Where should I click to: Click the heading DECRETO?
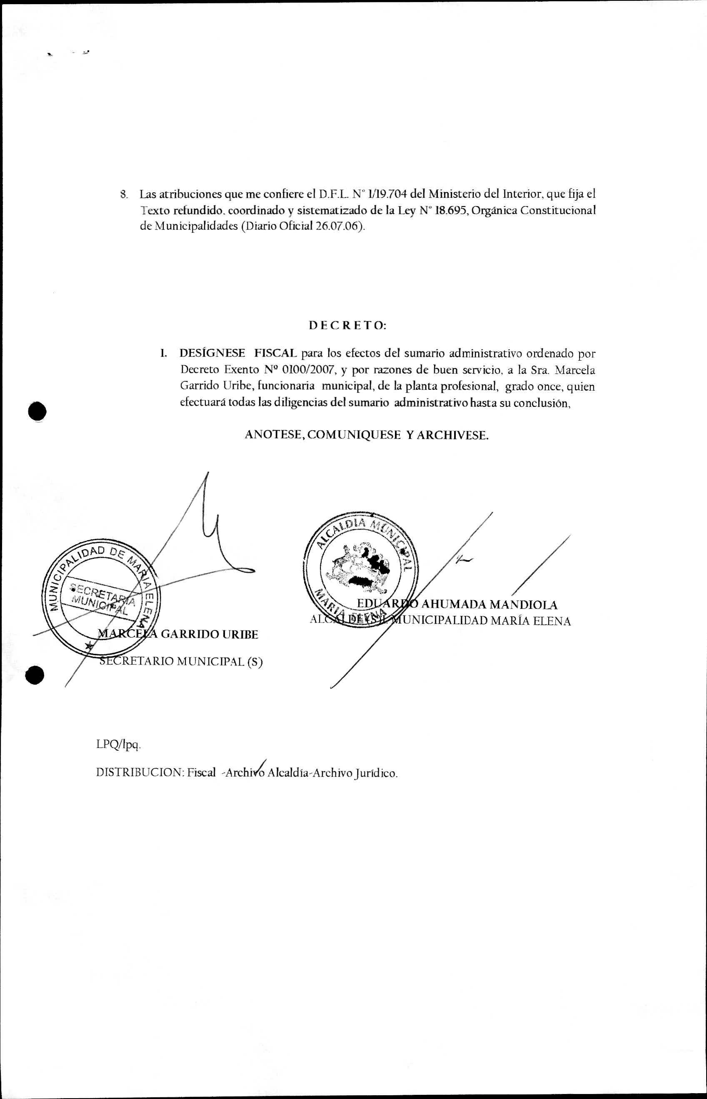click(347, 325)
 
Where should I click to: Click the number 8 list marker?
click(123, 194)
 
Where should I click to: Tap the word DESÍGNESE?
click(212, 353)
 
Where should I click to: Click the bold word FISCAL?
click(275, 353)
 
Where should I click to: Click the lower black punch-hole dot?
click(35, 675)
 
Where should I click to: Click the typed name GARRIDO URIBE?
click(209, 634)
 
